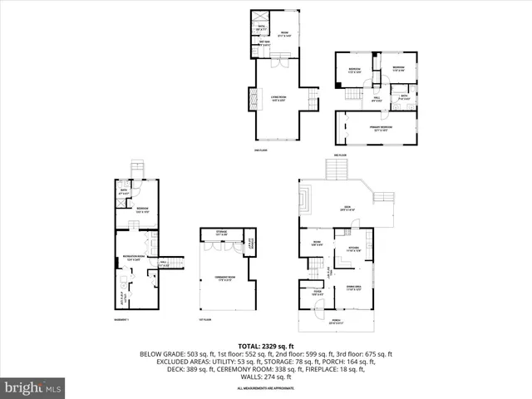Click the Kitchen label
[x=354, y=249]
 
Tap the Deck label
[x=347, y=209]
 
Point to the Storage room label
[x=221, y=234]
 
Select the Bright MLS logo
[x=33, y=387]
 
